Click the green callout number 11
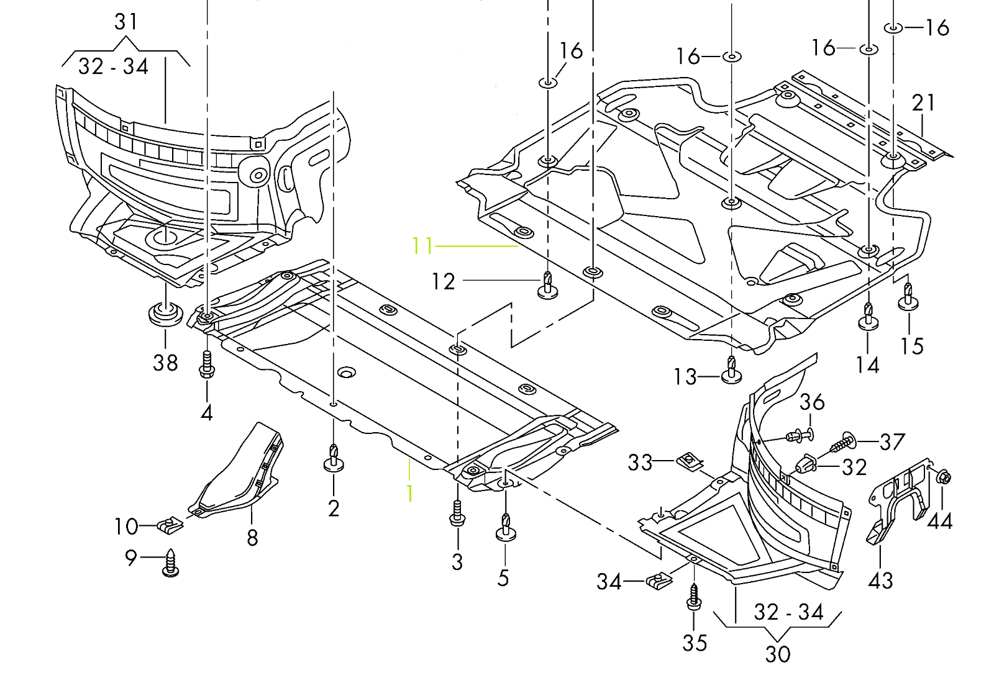tap(422, 246)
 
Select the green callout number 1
tap(410, 494)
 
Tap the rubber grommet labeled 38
tap(165, 314)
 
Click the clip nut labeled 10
tap(170, 527)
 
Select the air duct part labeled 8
tap(239, 472)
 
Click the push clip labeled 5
tap(506, 528)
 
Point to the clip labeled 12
tap(547, 285)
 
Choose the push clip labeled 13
tap(732, 371)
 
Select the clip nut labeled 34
tap(659, 581)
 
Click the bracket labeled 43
tap(895, 503)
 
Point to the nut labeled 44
tap(943, 477)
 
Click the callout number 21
tap(923, 102)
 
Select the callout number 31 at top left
tap(126, 22)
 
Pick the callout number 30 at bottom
tap(777, 654)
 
